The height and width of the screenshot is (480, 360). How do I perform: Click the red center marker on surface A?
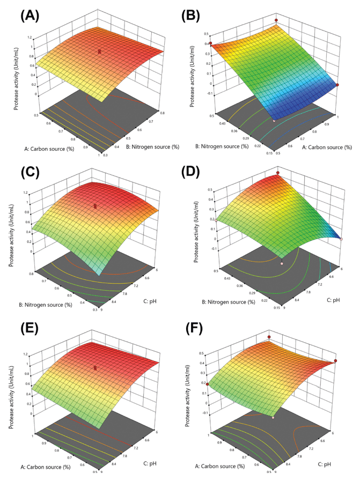coord(100,51)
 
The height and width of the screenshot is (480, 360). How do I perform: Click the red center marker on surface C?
coord(95,205)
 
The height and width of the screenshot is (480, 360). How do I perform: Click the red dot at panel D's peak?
coord(278,173)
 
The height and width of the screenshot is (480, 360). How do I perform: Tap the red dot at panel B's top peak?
coord(276,20)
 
